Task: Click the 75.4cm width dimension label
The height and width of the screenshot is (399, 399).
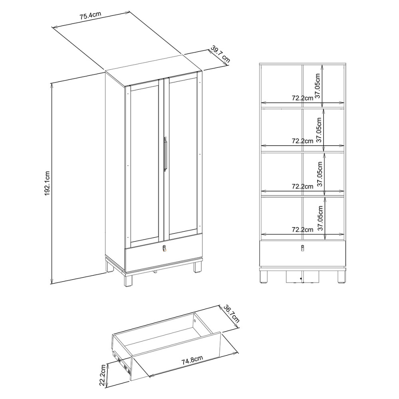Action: pyautogui.click(x=91, y=15)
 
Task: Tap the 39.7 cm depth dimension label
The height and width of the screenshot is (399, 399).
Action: pyautogui.click(x=220, y=54)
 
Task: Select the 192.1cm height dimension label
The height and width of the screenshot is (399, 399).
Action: pyautogui.click(x=47, y=184)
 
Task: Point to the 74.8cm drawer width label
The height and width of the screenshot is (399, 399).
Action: pyautogui.click(x=192, y=360)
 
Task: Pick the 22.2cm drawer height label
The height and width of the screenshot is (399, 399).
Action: pyautogui.click(x=103, y=375)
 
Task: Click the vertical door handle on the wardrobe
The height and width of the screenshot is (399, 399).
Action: pyautogui.click(x=165, y=153)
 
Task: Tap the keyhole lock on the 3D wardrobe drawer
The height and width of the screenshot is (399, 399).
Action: pyautogui.click(x=164, y=248)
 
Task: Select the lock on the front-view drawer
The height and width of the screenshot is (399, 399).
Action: pyautogui.click(x=302, y=248)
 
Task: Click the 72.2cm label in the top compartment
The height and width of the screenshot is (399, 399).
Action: pyautogui.click(x=302, y=98)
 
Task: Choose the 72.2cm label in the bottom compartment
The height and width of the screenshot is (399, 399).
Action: pyautogui.click(x=302, y=230)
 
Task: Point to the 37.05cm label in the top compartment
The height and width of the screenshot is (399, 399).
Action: pyautogui.click(x=318, y=86)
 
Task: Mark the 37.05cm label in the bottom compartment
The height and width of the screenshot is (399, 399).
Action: pyautogui.click(x=321, y=218)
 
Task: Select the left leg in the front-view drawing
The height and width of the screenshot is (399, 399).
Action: pyautogui.click(x=264, y=277)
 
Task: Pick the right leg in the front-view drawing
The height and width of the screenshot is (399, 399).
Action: pyautogui.click(x=341, y=277)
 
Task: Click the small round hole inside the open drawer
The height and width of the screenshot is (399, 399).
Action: pyautogui.click(x=195, y=322)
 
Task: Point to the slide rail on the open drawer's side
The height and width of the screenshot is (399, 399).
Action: pyautogui.click(x=122, y=362)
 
